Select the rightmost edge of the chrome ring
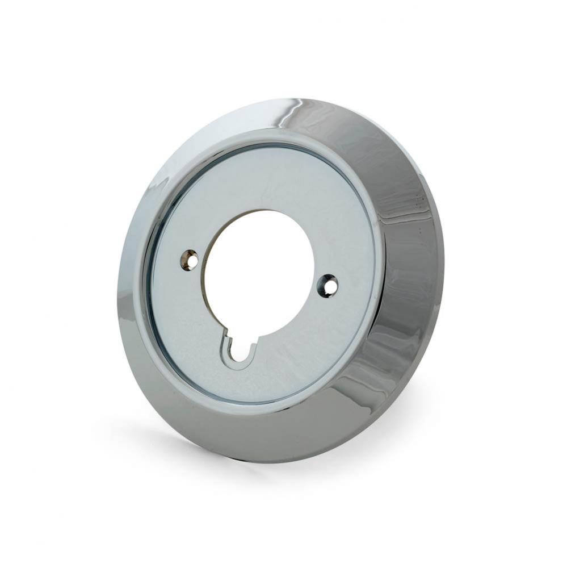[443, 256]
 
